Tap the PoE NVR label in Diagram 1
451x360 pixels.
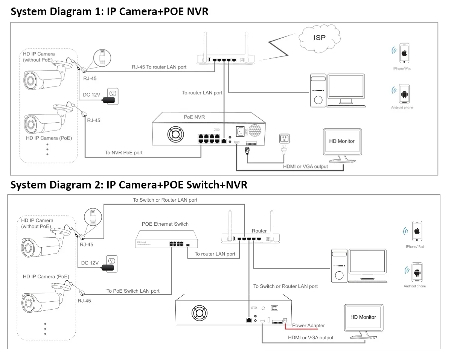pyautogui.click(x=194, y=117)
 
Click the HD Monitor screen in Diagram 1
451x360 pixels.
pyautogui.click(x=342, y=141)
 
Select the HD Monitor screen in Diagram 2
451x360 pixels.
pyautogui.click(x=363, y=317)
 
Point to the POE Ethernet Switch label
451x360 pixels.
pyautogui.click(x=165, y=224)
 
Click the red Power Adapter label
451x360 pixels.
pyautogui.click(x=308, y=325)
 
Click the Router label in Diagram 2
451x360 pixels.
pyautogui.click(x=259, y=231)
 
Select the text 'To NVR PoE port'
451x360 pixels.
pyautogui.click(x=124, y=153)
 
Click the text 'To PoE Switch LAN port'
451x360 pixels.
pyautogui.click(x=133, y=291)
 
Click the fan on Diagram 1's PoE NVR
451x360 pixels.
pyautogui.click(x=174, y=133)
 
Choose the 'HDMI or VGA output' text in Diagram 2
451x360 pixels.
pyautogui.click(x=311, y=337)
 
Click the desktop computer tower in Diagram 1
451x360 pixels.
pyautogui.click(x=318, y=90)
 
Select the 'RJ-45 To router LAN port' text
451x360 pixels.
pyautogui.click(x=159, y=67)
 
